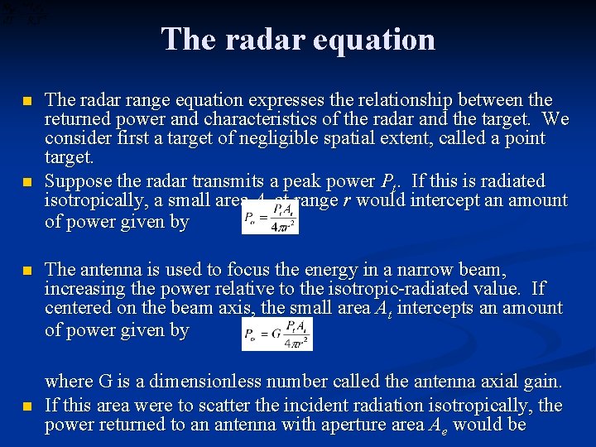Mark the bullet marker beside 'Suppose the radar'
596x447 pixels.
[27, 181]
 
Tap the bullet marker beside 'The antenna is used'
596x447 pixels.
[27, 271]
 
